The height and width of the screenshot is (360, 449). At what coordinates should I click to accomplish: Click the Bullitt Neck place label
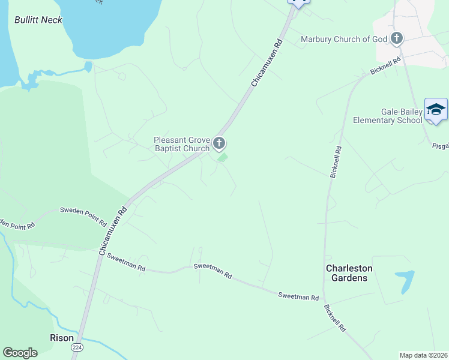point(38,20)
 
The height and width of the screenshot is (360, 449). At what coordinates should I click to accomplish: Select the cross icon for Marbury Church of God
point(396,39)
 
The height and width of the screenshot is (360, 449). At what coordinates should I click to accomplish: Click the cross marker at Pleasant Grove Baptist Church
point(219,143)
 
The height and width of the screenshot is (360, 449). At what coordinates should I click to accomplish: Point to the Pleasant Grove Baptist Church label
point(181,144)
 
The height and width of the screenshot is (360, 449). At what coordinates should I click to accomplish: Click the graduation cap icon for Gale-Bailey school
point(436,109)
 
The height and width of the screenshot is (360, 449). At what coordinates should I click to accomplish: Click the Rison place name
point(61,338)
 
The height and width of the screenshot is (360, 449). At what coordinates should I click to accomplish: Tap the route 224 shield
point(77,347)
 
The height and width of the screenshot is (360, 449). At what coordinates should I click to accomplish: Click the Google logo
point(20,353)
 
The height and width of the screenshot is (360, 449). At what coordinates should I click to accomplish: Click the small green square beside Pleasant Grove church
point(222,158)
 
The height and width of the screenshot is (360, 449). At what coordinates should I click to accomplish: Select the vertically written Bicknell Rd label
point(336,162)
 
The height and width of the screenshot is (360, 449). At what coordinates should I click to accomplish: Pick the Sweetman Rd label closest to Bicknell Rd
point(298,296)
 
